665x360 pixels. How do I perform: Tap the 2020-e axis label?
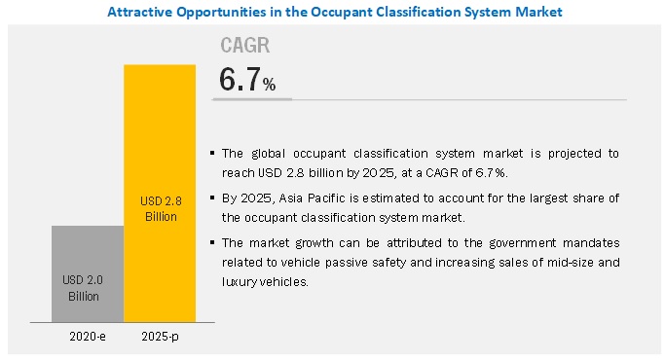pyautogui.click(x=87, y=337)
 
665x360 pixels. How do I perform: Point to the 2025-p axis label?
pyautogui.click(x=160, y=337)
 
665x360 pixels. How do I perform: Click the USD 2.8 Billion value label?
pyautogui.click(x=160, y=209)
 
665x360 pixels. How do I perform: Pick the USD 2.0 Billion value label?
pyautogui.click(x=87, y=287)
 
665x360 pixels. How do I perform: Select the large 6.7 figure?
pyautogui.click(x=240, y=80)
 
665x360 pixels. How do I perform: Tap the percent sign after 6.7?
pyautogui.click(x=270, y=86)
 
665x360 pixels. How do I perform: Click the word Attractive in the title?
pyautogui.click(x=141, y=12)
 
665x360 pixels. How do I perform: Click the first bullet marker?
pyautogui.click(x=213, y=154)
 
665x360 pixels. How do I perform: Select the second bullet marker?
pyautogui.click(x=213, y=198)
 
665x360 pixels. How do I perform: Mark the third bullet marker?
pyautogui.click(x=213, y=242)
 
